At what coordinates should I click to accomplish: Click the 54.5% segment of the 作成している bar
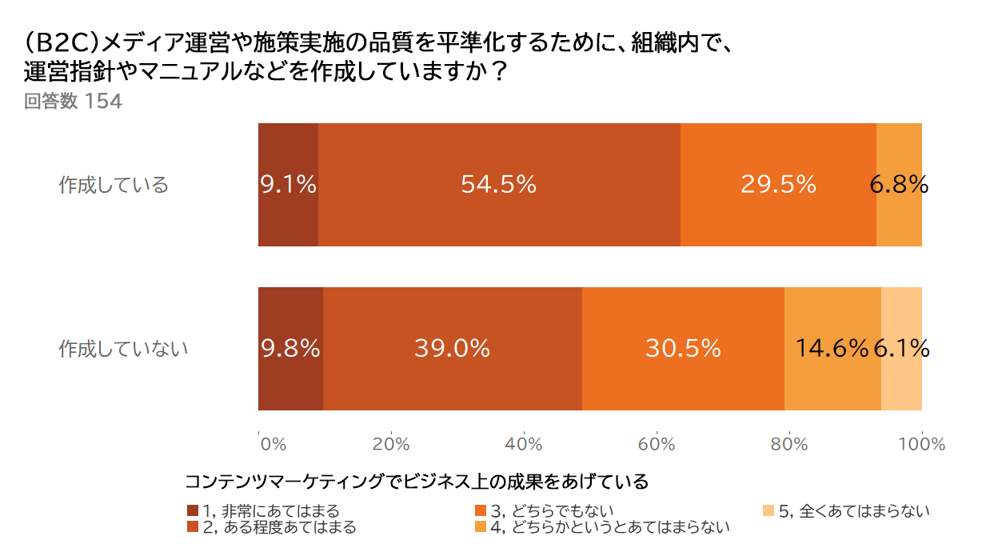pos(499,185)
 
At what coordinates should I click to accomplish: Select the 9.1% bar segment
pos(288,185)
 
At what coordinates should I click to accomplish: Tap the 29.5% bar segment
pos(778,185)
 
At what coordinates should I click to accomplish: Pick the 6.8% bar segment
pos(899,185)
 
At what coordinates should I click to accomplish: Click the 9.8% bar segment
pos(290,348)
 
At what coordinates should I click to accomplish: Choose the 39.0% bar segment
pos(453,348)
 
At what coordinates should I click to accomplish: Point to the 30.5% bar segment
pos(683,348)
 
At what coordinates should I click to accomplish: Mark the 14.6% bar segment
pos(832,348)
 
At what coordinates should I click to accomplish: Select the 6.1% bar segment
pos(901,348)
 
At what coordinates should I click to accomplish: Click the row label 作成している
pos(114,186)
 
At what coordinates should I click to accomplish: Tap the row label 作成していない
pos(123,349)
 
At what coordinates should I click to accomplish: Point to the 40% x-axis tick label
pos(524,444)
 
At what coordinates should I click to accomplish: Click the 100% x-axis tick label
pos(922,444)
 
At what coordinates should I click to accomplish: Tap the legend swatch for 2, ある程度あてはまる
pos(192,527)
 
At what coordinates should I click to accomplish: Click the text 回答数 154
pos(73,102)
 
